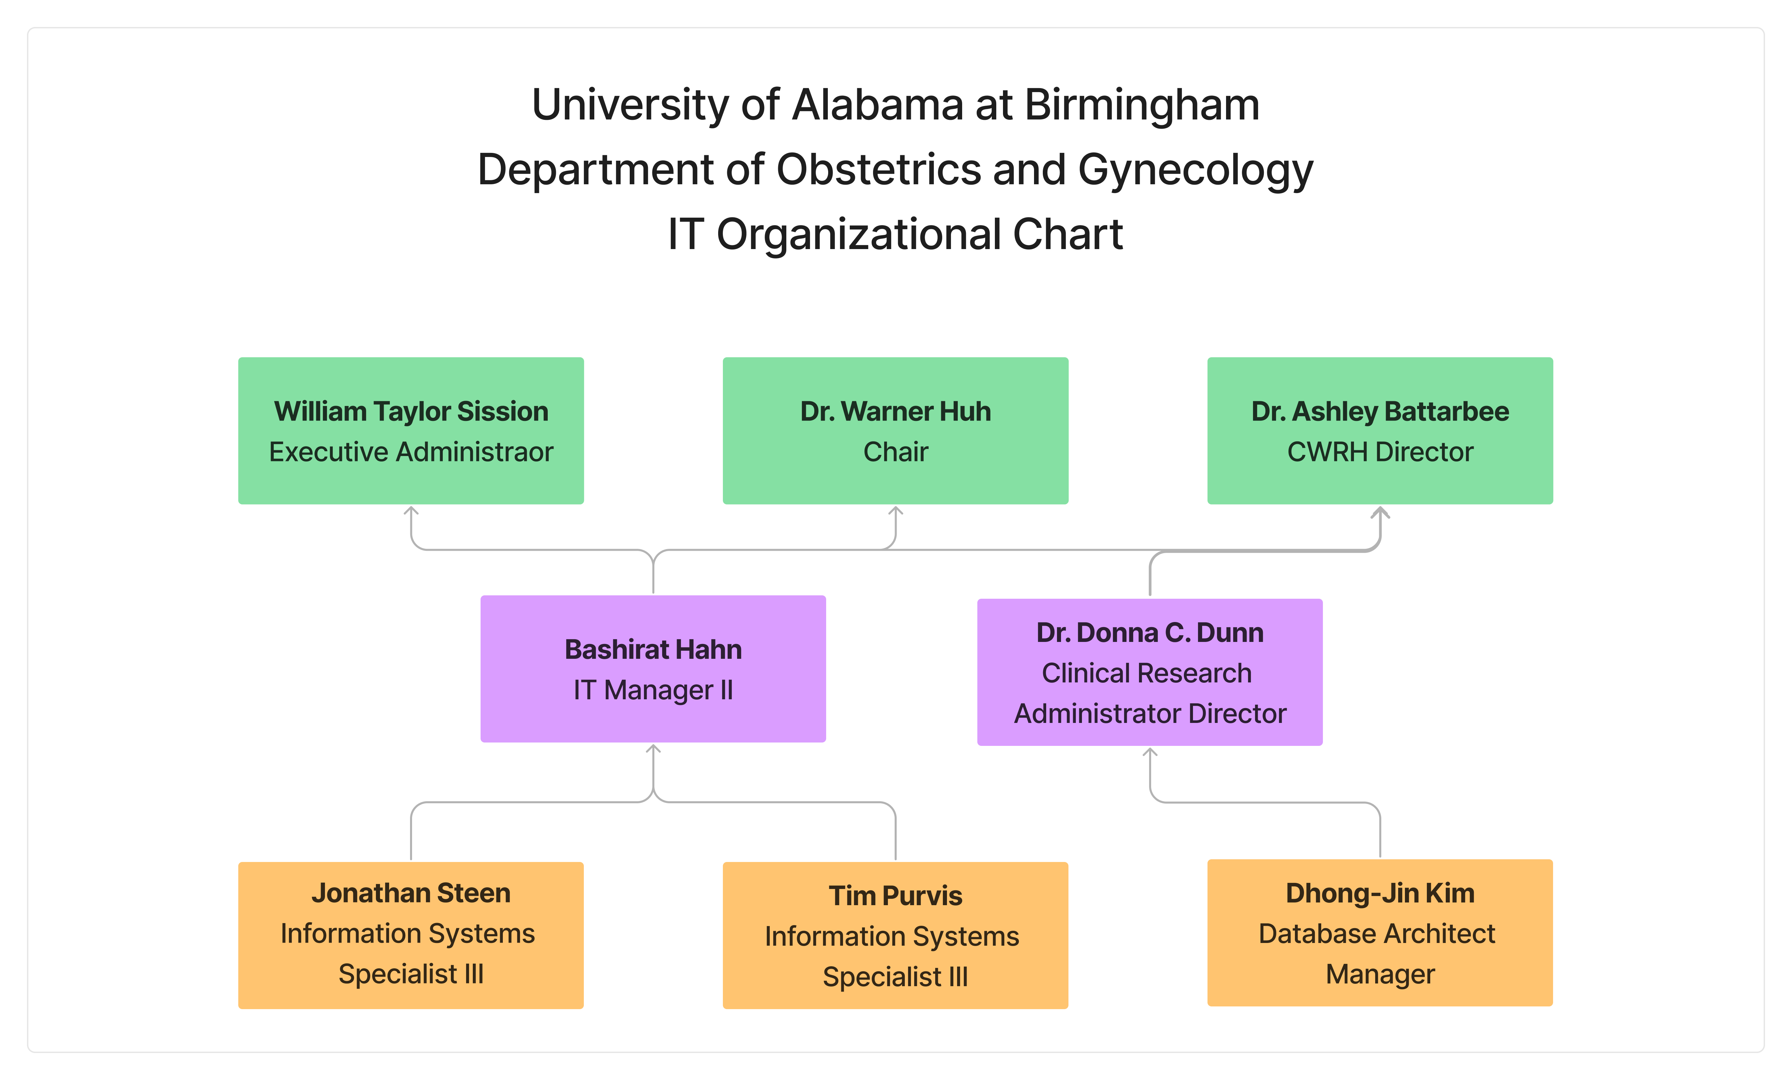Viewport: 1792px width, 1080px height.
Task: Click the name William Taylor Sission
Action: point(411,412)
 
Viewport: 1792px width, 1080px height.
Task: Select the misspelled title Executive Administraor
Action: point(411,452)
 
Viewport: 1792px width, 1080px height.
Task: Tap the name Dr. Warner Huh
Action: point(895,412)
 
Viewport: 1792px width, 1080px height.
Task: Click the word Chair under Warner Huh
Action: point(895,452)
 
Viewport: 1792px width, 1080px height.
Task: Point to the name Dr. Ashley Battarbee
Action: point(1380,412)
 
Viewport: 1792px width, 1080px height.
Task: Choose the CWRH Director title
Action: point(1380,452)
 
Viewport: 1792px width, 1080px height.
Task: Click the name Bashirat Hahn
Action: point(653,649)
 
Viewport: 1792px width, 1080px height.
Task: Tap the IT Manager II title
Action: point(653,690)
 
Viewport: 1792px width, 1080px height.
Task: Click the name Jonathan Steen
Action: point(411,893)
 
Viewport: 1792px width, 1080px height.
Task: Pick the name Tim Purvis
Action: point(895,896)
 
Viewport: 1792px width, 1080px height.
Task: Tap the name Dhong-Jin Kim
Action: point(1380,893)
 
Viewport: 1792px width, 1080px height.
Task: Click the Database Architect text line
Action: point(1377,934)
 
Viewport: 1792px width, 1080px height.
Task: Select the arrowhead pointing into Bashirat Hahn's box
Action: point(653,749)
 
